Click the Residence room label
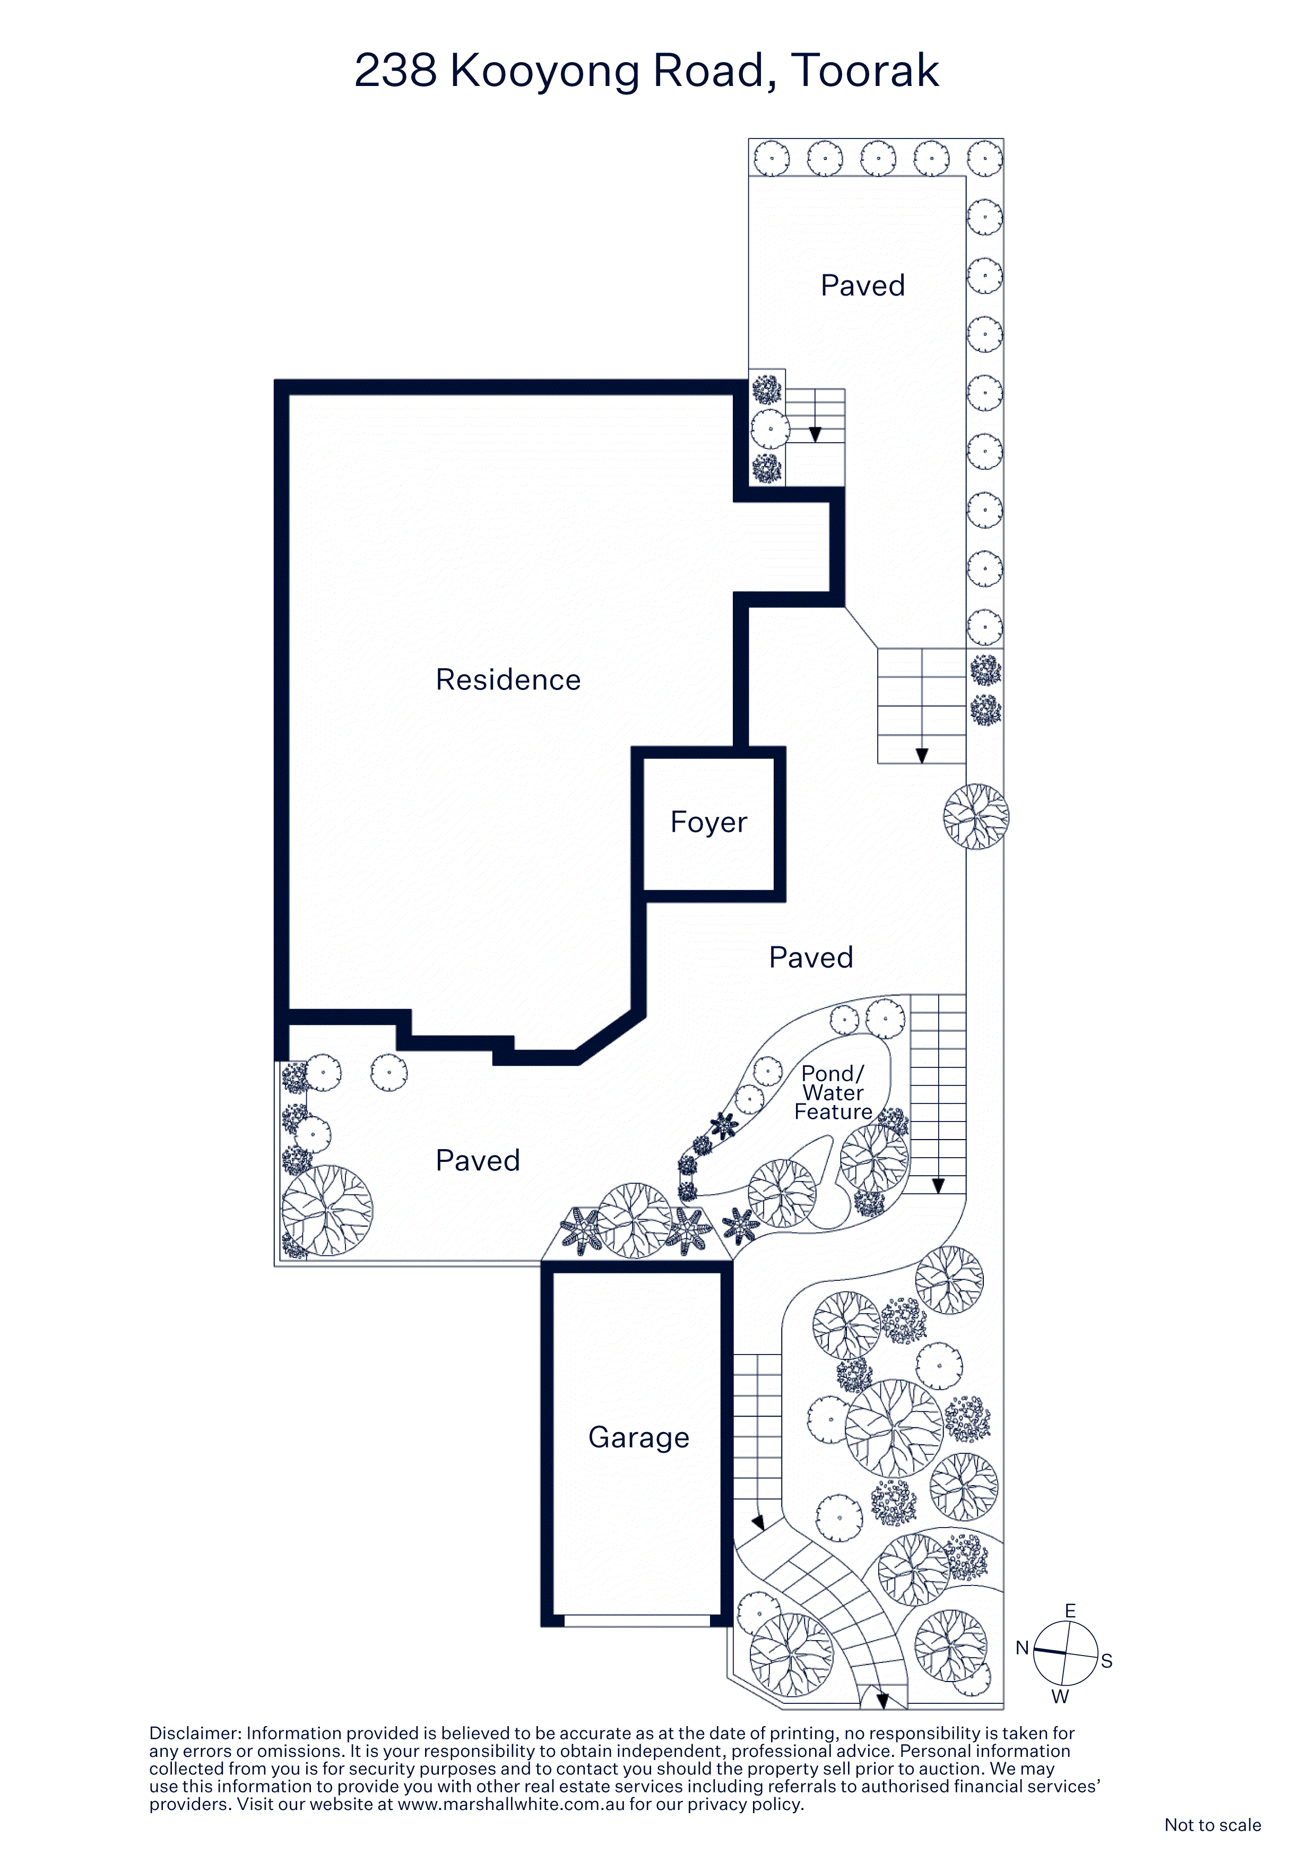(508, 679)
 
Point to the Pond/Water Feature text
(834, 1092)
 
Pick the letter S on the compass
(1107, 1661)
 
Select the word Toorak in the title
(864, 71)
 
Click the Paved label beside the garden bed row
(863, 286)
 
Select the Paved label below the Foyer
(811, 958)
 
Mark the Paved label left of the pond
(478, 1160)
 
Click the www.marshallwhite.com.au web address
(512, 1805)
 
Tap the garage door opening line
(637, 1620)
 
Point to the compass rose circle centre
(1066, 1653)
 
